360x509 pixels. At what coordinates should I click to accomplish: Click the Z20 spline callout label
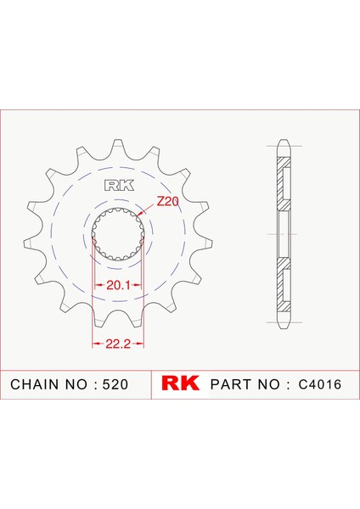[x=167, y=202]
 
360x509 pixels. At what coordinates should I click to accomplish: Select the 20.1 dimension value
[x=118, y=285]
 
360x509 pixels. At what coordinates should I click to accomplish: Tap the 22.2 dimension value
[x=118, y=344]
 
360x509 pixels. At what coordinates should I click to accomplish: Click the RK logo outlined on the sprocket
[x=119, y=186]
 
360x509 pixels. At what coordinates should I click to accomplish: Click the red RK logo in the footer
[x=180, y=383]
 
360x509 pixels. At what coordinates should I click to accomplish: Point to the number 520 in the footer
[x=115, y=384]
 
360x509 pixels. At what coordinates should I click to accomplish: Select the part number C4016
[x=320, y=384]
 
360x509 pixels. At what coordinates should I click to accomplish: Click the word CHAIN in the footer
[x=34, y=384]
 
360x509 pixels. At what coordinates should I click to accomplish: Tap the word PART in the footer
[x=230, y=384]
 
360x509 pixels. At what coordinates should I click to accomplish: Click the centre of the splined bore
[x=118, y=234]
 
